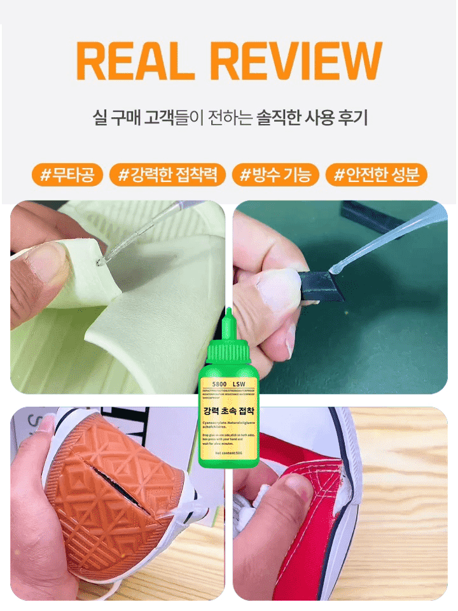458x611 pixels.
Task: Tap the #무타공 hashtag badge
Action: point(67,175)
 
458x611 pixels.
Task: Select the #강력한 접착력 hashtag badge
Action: point(168,175)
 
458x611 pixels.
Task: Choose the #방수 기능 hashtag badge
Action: point(275,175)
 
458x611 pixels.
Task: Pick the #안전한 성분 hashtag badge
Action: point(377,175)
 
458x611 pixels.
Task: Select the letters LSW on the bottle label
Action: point(240,385)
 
